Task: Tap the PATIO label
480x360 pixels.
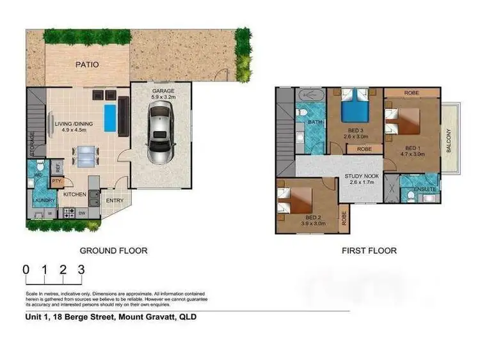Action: pos(87,65)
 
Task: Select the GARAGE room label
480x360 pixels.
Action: pos(163,91)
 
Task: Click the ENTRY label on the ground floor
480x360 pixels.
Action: pos(116,201)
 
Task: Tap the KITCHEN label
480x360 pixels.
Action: pos(75,194)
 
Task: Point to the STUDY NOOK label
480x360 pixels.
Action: pos(362,176)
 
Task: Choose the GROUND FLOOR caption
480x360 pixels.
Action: pos(113,251)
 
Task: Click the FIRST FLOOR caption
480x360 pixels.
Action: pos(369,251)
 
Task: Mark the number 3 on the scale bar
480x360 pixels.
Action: pos(81,270)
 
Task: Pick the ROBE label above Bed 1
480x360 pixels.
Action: pos(412,93)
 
